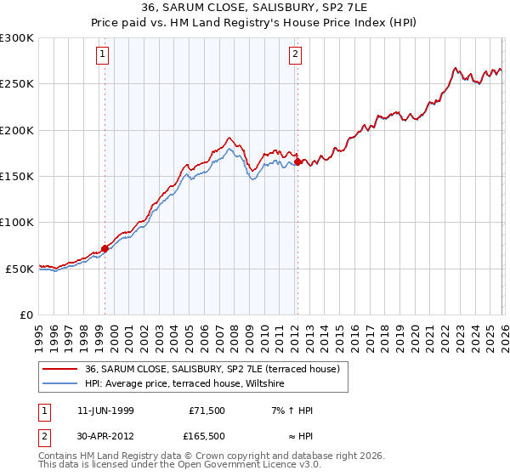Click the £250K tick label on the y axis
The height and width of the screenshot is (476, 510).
(x=17, y=84)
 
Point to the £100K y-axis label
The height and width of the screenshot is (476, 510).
(x=17, y=223)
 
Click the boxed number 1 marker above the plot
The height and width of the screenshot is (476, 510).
(x=102, y=55)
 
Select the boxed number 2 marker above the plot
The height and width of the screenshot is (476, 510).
(x=295, y=55)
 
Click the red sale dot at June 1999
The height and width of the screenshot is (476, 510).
(x=105, y=248)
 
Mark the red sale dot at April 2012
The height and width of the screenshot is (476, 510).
(x=297, y=161)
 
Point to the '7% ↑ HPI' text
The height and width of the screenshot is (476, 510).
(x=291, y=411)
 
